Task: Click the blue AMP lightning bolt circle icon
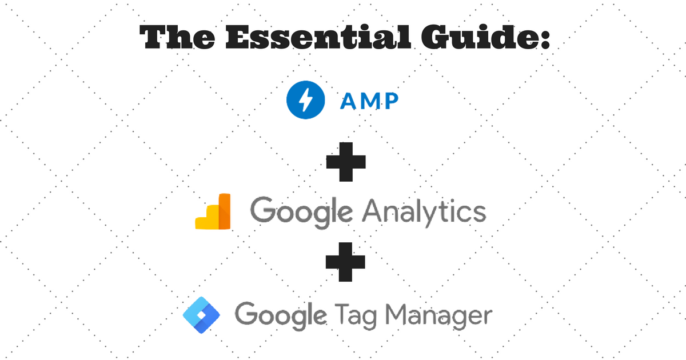(305, 100)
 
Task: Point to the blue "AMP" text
(369, 101)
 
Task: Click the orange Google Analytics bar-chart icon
(213, 211)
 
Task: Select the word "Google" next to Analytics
(301, 212)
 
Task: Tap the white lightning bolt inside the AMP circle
(305, 100)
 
